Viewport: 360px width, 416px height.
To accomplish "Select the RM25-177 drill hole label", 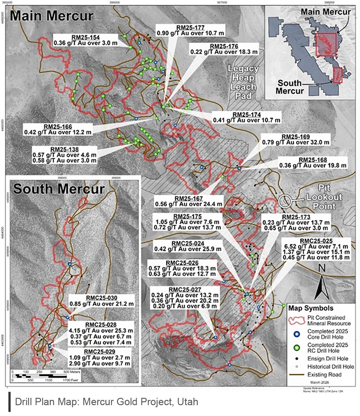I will click(190, 28).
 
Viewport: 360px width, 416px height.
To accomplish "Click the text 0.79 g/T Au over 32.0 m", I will click(296, 142).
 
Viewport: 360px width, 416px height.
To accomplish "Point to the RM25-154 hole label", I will click(85, 37).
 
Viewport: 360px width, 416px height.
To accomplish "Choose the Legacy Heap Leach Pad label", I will click(243, 82).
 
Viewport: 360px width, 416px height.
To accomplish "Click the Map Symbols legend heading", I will click(311, 308).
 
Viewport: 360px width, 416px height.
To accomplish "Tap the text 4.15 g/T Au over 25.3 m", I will click(101, 331).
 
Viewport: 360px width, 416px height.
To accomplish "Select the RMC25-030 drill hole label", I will click(101, 298).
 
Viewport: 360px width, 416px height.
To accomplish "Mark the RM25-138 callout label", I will click(64, 149).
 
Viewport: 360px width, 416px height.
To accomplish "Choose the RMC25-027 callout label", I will click(185, 290).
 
